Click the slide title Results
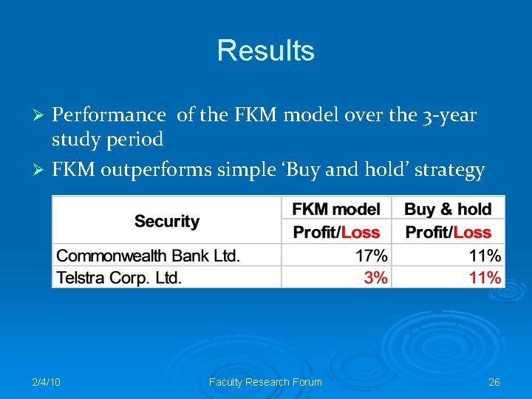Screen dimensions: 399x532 [266, 51]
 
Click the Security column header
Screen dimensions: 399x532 [167, 221]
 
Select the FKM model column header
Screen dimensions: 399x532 [336, 209]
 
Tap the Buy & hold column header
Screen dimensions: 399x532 [449, 209]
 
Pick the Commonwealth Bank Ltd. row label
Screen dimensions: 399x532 [149, 256]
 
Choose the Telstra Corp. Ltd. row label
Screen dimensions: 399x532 [119, 278]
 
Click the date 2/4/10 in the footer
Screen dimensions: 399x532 [47, 382]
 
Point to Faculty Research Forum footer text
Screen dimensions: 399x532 [266, 382]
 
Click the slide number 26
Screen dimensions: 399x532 [494, 382]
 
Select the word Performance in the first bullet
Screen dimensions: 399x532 [109, 115]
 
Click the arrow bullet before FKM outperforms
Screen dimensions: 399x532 [42, 171]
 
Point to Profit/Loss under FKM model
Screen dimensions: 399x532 [336, 232]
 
